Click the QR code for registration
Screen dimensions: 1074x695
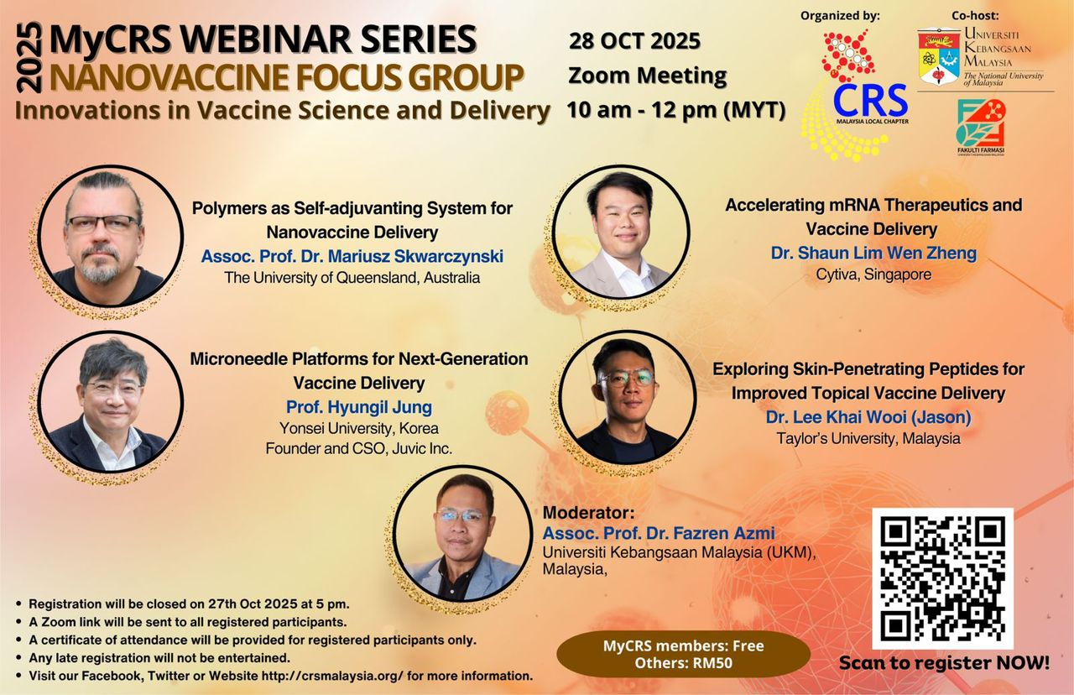[x=942, y=578]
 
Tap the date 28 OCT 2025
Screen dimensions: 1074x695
[x=635, y=41]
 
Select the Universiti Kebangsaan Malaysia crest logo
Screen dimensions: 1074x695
[x=939, y=56]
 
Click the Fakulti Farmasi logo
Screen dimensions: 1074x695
[x=980, y=127]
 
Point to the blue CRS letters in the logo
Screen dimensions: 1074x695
[x=870, y=101]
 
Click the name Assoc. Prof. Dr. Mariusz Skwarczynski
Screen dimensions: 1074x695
[x=352, y=256]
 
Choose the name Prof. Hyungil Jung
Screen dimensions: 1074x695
[x=359, y=407]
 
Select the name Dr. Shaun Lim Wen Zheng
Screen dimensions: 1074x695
[x=873, y=253]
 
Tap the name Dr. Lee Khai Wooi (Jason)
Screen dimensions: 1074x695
[x=868, y=417]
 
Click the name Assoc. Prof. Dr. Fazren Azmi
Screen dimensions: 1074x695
[x=659, y=533]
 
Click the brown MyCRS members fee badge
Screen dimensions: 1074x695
[x=683, y=654]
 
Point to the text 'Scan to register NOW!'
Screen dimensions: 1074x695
[x=944, y=663]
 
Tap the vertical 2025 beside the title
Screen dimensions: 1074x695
[x=29, y=58]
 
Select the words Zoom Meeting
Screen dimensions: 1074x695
[x=647, y=76]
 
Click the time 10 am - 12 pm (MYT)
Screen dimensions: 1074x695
[x=676, y=110]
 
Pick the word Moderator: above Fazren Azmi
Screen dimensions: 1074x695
[x=588, y=513]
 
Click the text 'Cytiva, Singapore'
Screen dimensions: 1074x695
[x=873, y=274]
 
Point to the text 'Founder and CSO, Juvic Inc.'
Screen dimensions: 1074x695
[x=358, y=448]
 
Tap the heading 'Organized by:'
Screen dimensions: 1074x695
[x=840, y=16]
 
